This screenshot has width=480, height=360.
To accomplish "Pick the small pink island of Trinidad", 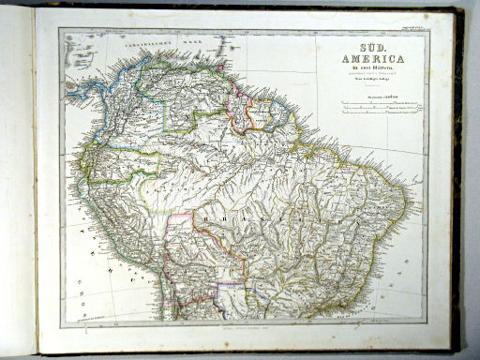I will tap(220, 67).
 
